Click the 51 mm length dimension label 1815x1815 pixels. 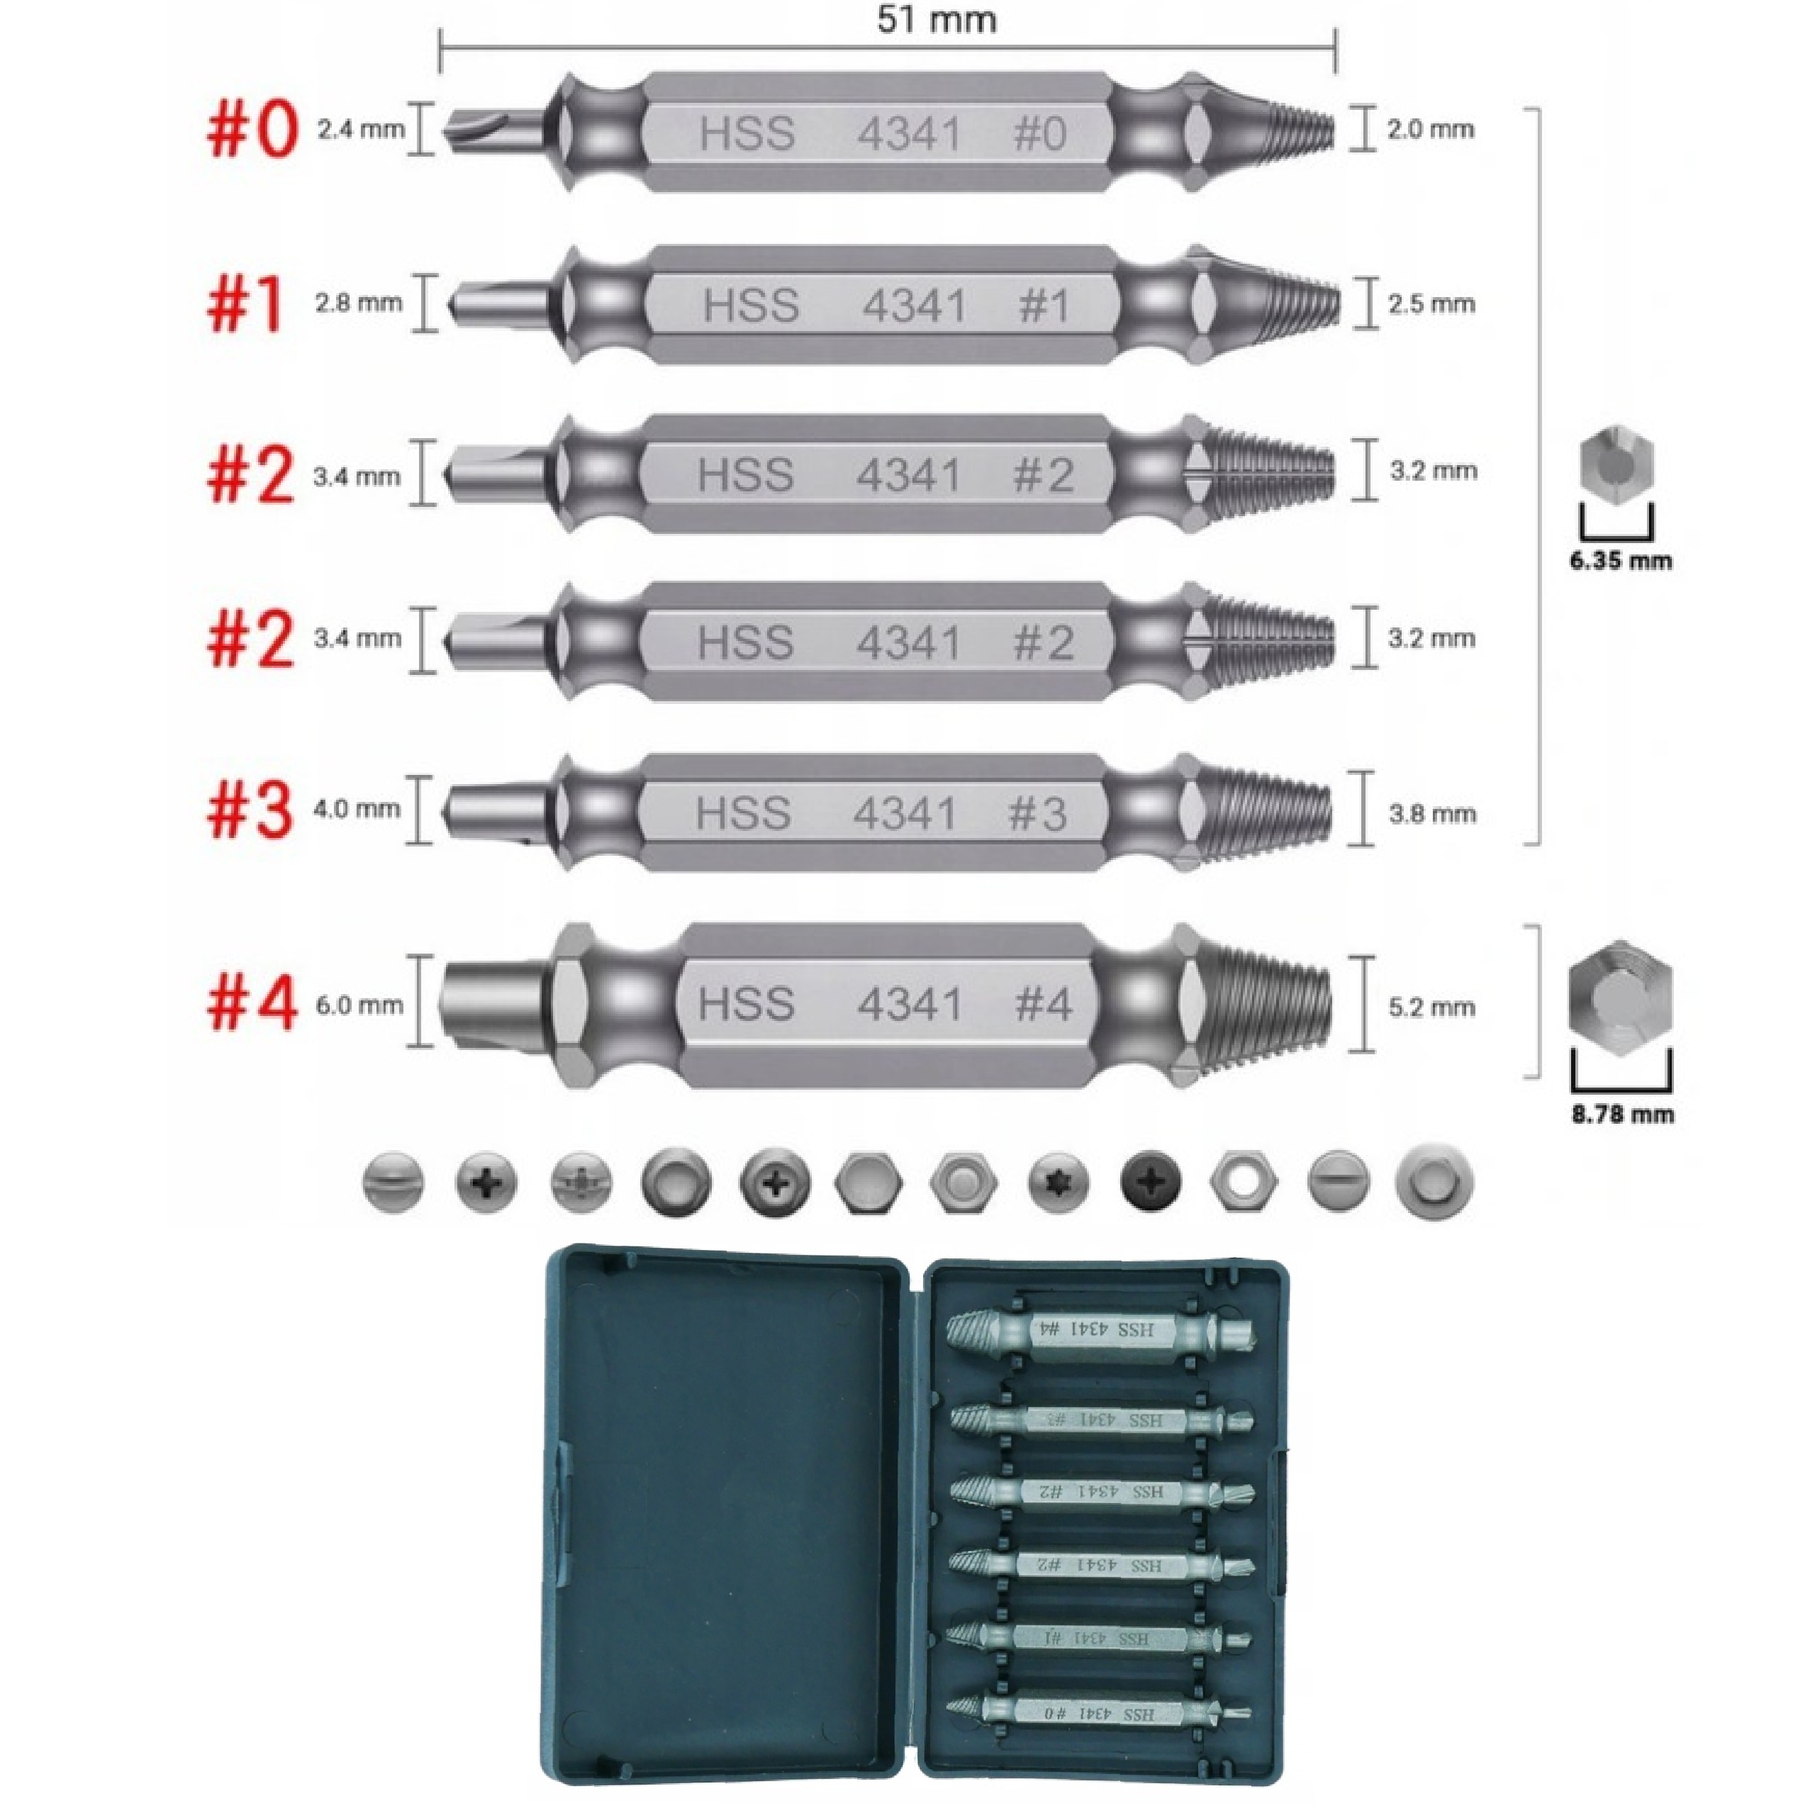click(x=936, y=21)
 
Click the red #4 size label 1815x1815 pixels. click(x=252, y=1003)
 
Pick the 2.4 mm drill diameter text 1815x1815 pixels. click(x=361, y=130)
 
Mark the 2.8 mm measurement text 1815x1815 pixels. click(x=358, y=303)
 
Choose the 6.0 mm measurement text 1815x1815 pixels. click(x=359, y=1005)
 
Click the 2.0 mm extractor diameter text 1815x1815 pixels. click(x=1430, y=130)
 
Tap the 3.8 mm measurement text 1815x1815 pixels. click(x=1431, y=812)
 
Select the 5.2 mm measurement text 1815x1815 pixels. click(x=1431, y=1007)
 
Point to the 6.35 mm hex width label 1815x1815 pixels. click(x=1621, y=562)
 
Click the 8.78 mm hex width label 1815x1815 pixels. click(x=1622, y=1115)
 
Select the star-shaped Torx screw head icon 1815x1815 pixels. click(x=1059, y=1181)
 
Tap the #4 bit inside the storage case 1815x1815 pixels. click(x=1099, y=1329)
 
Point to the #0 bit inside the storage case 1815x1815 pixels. click(x=1099, y=1713)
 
